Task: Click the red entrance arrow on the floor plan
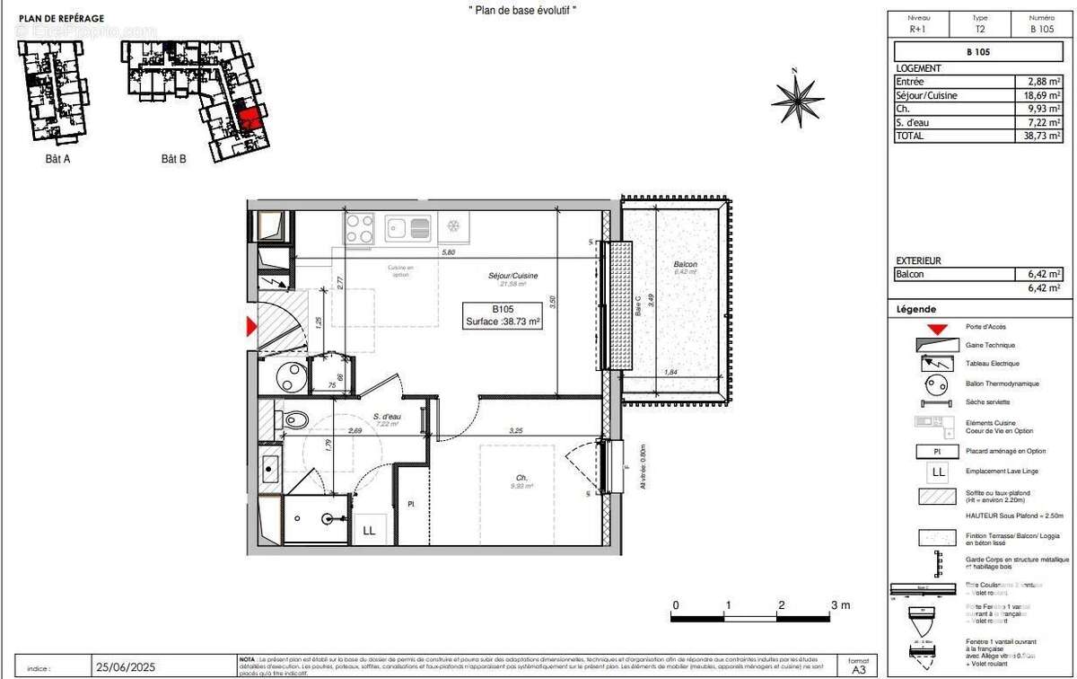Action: click(252, 329)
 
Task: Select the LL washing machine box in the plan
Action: click(368, 530)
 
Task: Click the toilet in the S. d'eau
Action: click(294, 420)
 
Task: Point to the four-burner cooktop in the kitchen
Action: click(360, 228)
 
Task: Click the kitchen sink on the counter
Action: click(408, 228)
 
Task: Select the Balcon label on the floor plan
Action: click(685, 264)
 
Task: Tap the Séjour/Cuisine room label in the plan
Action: click(512, 276)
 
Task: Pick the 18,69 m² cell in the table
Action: click(1042, 95)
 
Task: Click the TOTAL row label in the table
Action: click(909, 136)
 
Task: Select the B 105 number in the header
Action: click(1041, 29)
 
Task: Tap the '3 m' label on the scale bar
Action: click(840, 605)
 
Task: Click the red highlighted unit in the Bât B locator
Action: click(250, 118)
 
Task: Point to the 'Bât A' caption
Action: click(57, 159)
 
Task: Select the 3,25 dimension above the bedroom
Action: click(516, 431)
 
